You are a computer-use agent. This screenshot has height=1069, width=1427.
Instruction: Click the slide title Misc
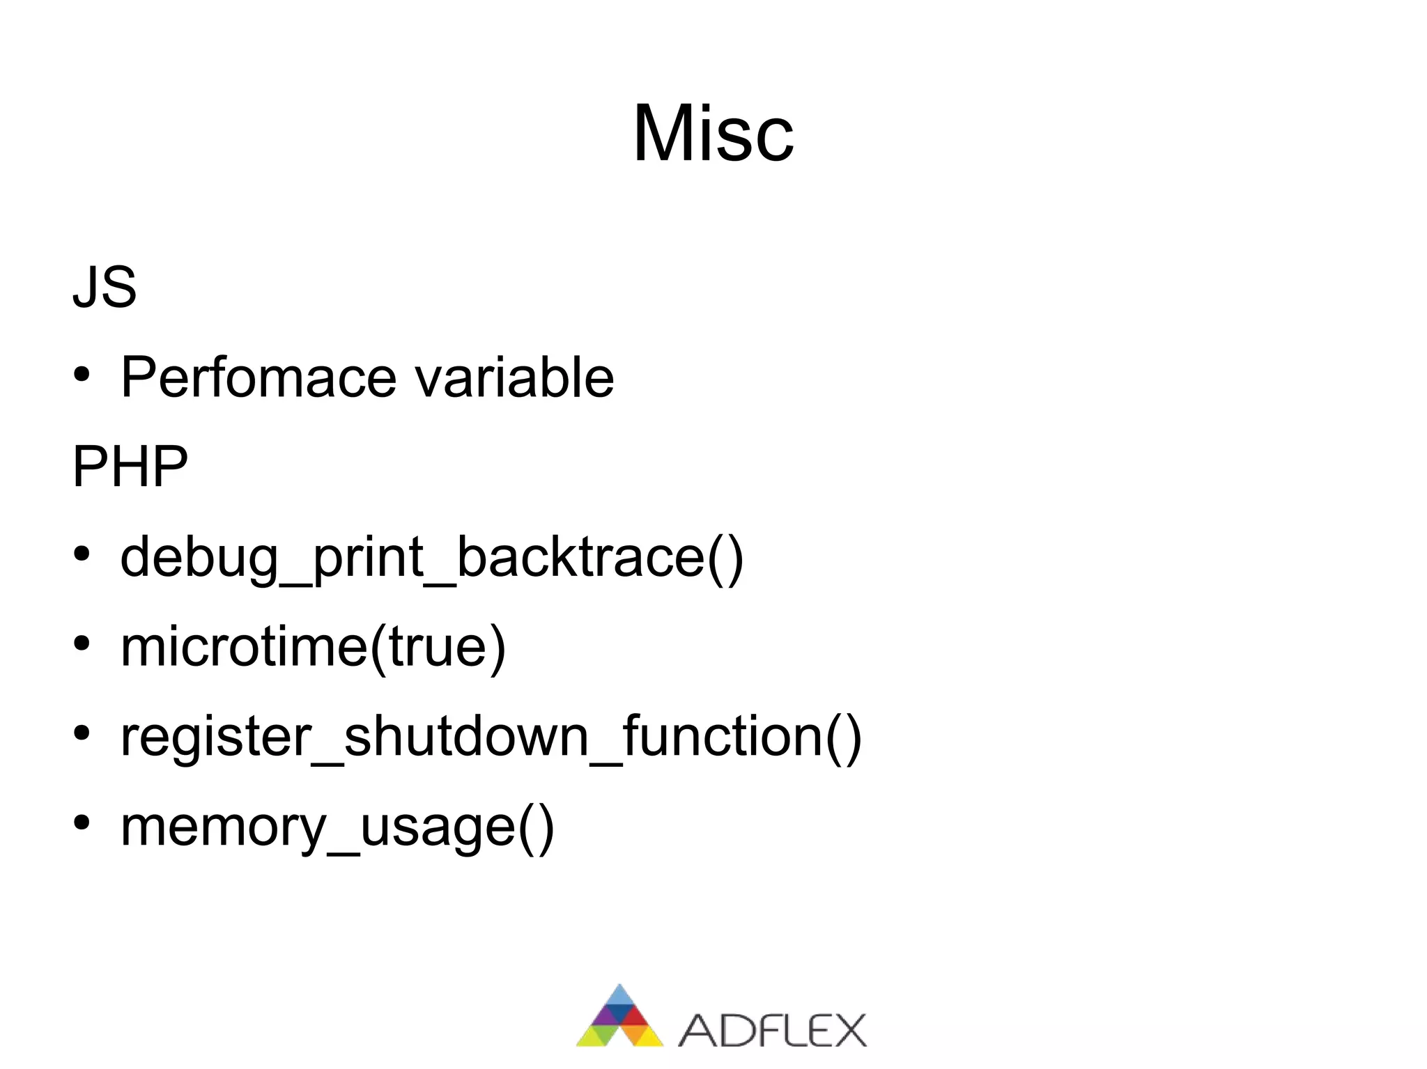click(x=713, y=133)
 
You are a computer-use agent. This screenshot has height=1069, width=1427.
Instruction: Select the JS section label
click(x=105, y=287)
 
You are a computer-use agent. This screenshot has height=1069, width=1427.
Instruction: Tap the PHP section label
click(x=130, y=466)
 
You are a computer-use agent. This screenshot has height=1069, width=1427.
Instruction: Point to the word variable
click(x=514, y=378)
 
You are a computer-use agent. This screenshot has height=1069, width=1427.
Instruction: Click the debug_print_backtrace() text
click(x=431, y=558)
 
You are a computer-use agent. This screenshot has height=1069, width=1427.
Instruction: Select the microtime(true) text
click(x=313, y=647)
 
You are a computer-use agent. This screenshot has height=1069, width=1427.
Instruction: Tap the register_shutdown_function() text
click(x=491, y=737)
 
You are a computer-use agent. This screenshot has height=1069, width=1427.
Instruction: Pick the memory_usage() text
click(x=337, y=827)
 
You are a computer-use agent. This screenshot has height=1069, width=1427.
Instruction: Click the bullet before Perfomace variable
click(x=82, y=376)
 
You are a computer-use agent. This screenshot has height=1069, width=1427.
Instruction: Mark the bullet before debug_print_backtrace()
click(x=82, y=555)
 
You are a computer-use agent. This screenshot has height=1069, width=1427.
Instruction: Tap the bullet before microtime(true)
click(x=82, y=644)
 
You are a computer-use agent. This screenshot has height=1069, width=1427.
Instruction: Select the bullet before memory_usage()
click(x=82, y=823)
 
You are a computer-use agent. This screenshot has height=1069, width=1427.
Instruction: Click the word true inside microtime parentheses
click(x=436, y=647)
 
